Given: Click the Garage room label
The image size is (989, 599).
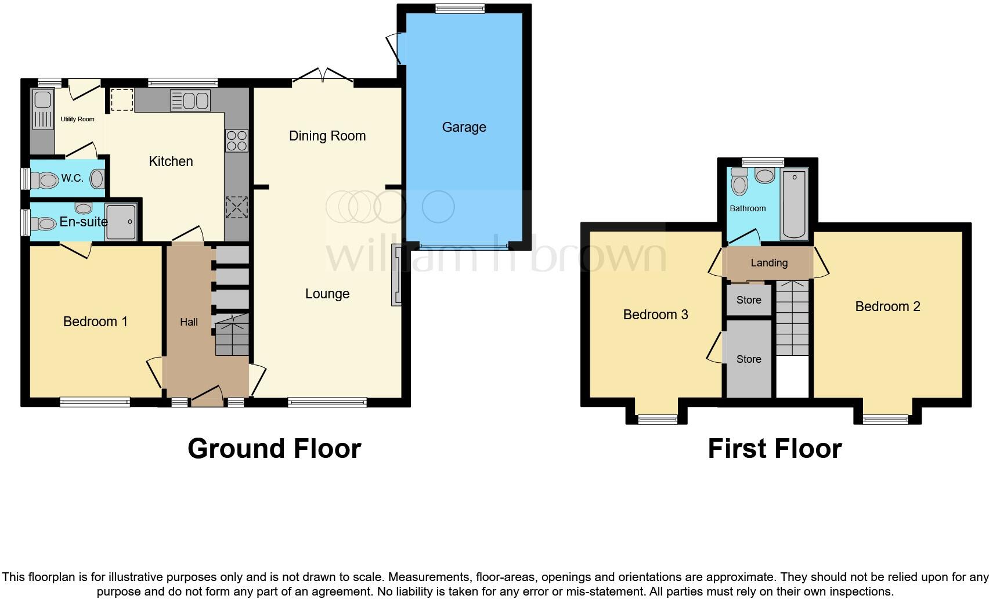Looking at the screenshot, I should (x=464, y=127).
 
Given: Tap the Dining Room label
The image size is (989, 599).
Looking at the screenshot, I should (x=327, y=136).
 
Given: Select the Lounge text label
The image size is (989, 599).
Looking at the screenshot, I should (x=327, y=294).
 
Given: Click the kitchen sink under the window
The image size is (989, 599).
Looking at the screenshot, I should (x=190, y=101).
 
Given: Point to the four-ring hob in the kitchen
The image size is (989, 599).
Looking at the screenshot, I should (x=236, y=140).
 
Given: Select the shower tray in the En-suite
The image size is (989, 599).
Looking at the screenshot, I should (x=121, y=221).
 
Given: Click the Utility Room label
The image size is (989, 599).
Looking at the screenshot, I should (x=77, y=119).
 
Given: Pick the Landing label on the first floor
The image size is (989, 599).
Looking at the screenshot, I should (x=769, y=263).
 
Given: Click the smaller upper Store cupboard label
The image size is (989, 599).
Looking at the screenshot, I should (x=749, y=300).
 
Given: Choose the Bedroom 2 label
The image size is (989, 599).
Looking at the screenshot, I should (x=887, y=306).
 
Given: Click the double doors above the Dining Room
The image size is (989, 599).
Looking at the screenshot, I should (x=322, y=77).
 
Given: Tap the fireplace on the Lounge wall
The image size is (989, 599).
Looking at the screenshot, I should (x=396, y=275).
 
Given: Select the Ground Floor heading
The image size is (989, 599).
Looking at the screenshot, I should (x=274, y=449).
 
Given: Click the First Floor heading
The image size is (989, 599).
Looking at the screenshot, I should (x=774, y=449).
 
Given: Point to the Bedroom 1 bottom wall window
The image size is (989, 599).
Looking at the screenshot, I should (x=95, y=400).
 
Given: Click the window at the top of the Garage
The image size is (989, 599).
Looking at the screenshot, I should (x=460, y=8).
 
